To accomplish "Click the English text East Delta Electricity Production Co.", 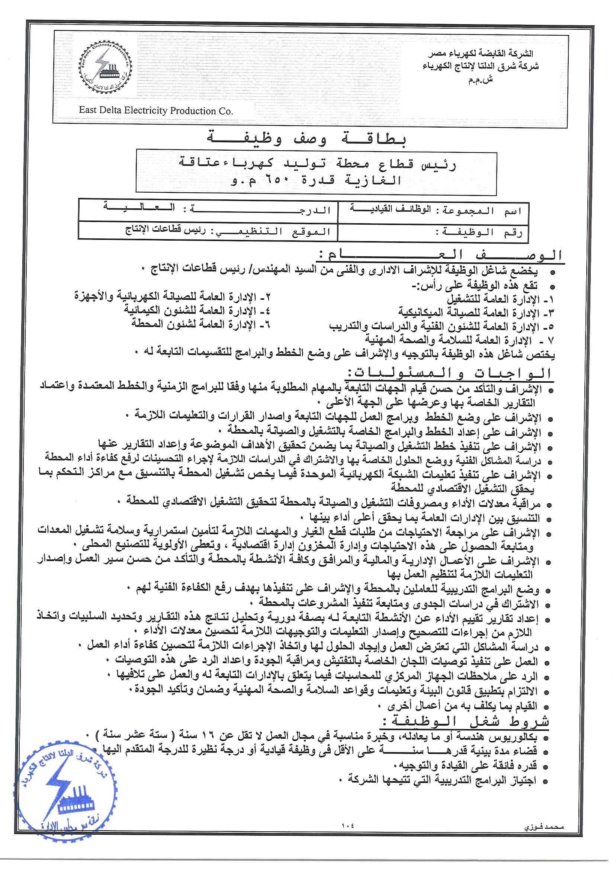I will pyautogui.click(x=156, y=110).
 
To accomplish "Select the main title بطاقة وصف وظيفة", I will pyautogui.click(x=307, y=139).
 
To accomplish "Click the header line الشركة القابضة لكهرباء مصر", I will pyautogui.click(x=480, y=54).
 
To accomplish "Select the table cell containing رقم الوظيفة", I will pyautogui.click(x=432, y=232).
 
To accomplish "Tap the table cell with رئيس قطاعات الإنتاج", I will pyautogui.click(x=208, y=231).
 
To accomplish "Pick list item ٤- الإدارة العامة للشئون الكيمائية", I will pyautogui.click(x=197, y=311).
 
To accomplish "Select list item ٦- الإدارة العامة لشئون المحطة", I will pyautogui.click(x=200, y=324).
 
